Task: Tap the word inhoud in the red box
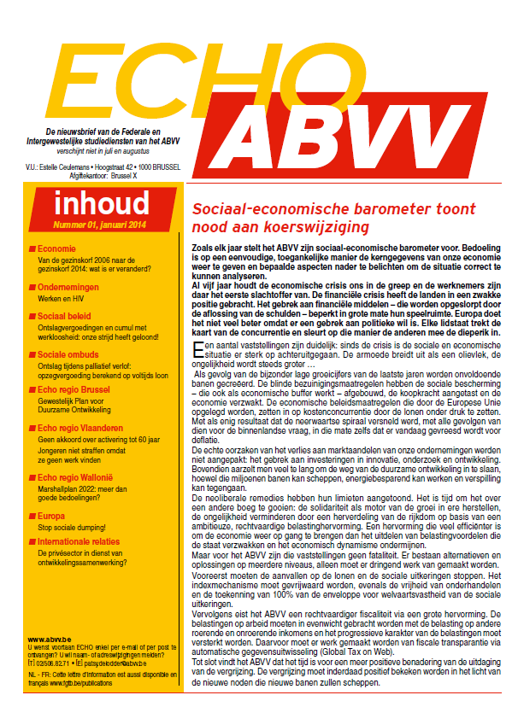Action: [x=101, y=206]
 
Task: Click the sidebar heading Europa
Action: [x=51, y=517]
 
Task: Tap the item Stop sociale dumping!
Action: [x=73, y=529]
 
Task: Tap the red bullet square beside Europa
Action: [x=32, y=517]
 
